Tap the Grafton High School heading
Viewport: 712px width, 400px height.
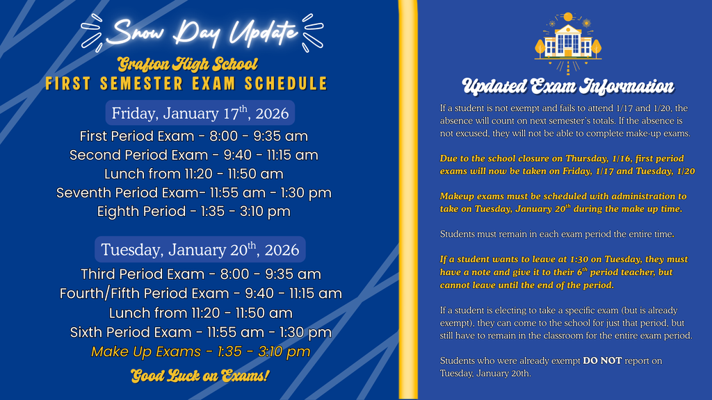(x=188, y=65)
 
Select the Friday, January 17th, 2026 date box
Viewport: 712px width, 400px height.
(x=200, y=113)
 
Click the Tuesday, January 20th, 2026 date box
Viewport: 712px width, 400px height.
(x=200, y=249)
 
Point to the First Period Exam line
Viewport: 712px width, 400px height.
(x=193, y=136)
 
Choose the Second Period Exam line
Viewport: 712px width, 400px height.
(x=193, y=155)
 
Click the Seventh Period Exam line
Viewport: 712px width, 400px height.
(x=193, y=192)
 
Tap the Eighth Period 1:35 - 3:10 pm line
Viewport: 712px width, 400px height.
(x=193, y=211)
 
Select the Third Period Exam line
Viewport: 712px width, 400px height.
(x=200, y=274)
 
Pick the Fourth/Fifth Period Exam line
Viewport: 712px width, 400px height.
(x=200, y=293)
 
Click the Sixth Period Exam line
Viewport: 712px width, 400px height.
(x=200, y=333)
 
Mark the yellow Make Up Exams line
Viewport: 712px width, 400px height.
(x=200, y=352)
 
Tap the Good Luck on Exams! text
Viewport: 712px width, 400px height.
(x=200, y=376)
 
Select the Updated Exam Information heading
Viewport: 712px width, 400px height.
(x=567, y=87)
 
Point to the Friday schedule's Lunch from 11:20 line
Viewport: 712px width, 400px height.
(x=193, y=174)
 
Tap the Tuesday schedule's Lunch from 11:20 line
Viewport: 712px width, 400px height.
(x=200, y=313)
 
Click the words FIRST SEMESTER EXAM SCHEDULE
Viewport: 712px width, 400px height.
(x=186, y=84)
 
